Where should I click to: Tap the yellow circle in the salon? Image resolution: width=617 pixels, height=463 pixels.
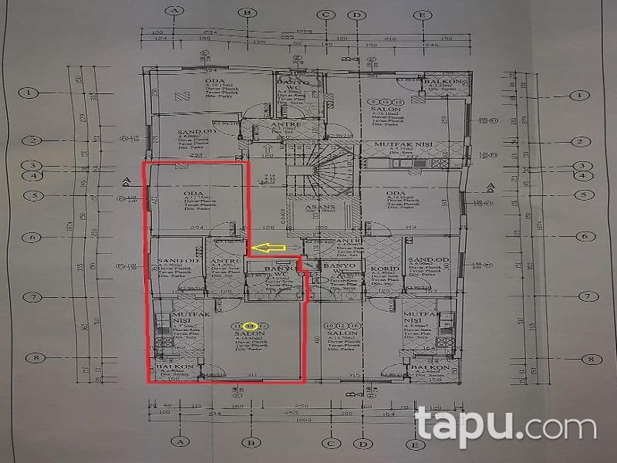(249, 326)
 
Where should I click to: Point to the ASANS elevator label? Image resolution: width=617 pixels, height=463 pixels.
(319, 209)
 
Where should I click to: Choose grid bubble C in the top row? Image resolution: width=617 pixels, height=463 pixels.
(326, 13)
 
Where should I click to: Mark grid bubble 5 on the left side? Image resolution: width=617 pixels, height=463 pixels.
(29, 196)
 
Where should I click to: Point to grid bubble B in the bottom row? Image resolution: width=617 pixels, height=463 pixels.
(249, 444)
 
